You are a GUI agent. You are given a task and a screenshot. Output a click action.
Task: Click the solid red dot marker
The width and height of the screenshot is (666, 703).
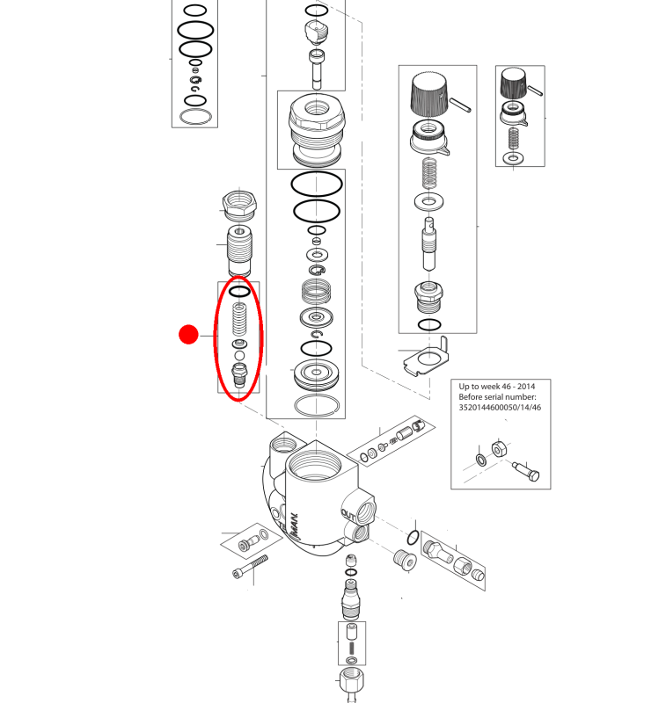(188, 335)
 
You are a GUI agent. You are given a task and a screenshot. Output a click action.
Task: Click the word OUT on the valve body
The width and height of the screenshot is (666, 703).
(348, 515)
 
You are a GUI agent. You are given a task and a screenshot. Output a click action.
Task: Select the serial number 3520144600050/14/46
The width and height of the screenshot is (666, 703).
(500, 408)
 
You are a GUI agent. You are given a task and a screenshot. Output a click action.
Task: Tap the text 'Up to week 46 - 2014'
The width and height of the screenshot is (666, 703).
(496, 387)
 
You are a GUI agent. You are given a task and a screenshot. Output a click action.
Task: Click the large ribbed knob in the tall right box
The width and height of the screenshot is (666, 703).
(429, 95)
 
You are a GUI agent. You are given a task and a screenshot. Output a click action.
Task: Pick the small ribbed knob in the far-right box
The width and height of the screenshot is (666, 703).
(514, 83)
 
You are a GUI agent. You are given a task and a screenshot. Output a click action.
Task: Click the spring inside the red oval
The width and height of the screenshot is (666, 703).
(239, 319)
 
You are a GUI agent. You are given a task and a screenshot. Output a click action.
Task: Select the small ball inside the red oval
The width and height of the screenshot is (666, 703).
(239, 356)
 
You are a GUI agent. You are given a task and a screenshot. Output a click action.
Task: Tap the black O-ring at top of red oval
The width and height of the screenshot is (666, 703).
(239, 292)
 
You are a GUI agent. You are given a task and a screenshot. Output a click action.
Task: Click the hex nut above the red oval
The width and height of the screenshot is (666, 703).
(239, 205)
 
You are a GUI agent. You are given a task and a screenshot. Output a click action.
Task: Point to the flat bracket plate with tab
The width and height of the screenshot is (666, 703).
(427, 357)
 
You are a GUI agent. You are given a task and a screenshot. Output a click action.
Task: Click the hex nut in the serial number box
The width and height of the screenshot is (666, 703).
(500, 448)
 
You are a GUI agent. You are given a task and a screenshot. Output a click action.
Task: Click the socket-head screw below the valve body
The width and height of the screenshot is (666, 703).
(251, 567)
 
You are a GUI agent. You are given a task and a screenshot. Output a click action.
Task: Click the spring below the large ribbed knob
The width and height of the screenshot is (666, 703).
(429, 172)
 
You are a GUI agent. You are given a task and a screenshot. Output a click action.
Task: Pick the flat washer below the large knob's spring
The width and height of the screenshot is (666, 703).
(429, 201)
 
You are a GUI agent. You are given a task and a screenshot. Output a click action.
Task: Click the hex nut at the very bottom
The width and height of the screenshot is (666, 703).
(351, 681)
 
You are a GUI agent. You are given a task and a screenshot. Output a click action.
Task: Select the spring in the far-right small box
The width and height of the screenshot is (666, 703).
(514, 139)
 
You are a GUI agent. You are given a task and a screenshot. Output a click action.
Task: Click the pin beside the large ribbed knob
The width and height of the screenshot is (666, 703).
(460, 105)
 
